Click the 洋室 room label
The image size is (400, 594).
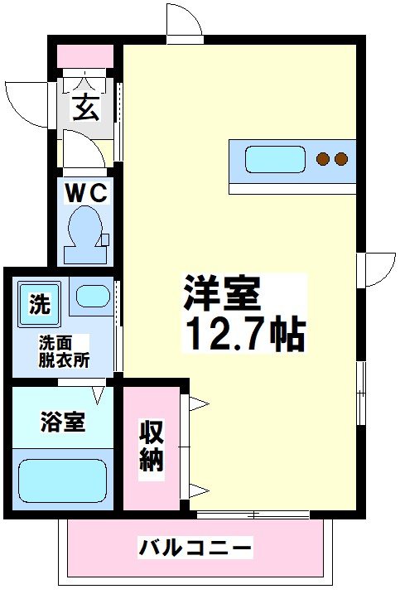click(x=222, y=292)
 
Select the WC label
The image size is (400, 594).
click(x=86, y=193)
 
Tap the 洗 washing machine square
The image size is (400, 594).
click(x=38, y=304)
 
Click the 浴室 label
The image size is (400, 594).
click(x=62, y=422)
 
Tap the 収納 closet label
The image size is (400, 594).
click(x=151, y=447)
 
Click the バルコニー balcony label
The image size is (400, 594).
click(x=195, y=548)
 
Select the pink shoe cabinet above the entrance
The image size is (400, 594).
click(x=84, y=56)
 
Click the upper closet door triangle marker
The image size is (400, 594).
click(x=200, y=404)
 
